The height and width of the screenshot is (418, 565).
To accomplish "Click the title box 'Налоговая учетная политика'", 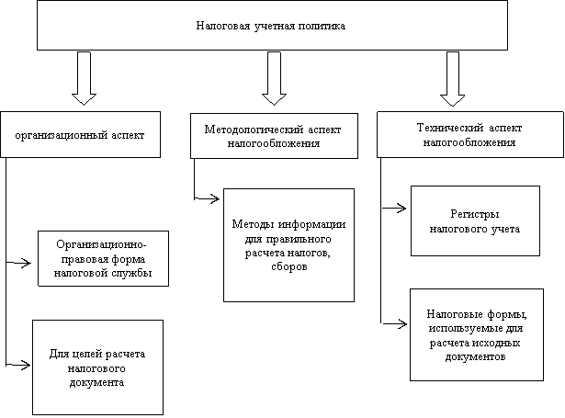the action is [x=272, y=25].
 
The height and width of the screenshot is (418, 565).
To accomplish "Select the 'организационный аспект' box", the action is [x=80, y=134].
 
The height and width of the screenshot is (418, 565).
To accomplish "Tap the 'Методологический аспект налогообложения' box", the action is [x=274, y=136].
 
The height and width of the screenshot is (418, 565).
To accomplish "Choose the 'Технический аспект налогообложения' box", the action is [x=470, y=134].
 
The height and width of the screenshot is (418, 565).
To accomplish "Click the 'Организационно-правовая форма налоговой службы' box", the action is [x=104, y=259].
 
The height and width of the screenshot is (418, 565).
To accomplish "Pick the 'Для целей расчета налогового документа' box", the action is [x=97, y=367].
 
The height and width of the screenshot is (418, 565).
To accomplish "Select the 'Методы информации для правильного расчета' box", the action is [x=288, y=245].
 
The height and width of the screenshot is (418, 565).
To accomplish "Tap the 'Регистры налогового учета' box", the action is [x=475, y=220].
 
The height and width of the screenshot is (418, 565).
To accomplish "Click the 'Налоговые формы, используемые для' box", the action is [x=477, y=334].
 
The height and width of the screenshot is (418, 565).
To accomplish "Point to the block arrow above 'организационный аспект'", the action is [x=84, y=78].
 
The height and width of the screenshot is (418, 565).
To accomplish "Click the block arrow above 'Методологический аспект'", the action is [x=274, y=78].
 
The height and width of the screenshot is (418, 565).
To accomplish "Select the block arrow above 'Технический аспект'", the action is [x=453, y=79].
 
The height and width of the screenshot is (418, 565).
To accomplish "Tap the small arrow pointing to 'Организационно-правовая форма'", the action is [x=18, y=263].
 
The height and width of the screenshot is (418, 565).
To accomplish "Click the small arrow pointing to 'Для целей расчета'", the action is [x=18, y=365].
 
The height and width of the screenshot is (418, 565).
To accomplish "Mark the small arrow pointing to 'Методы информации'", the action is [x=207, y=198].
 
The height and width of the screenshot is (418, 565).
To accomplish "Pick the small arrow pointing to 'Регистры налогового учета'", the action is [x=394, y=208].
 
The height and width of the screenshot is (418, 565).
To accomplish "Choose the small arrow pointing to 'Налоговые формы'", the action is [x=394, y=324].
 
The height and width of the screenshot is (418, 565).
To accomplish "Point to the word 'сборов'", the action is [x=289, y=266].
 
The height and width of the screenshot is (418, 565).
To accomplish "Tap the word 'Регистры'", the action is [x=475, y=214].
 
